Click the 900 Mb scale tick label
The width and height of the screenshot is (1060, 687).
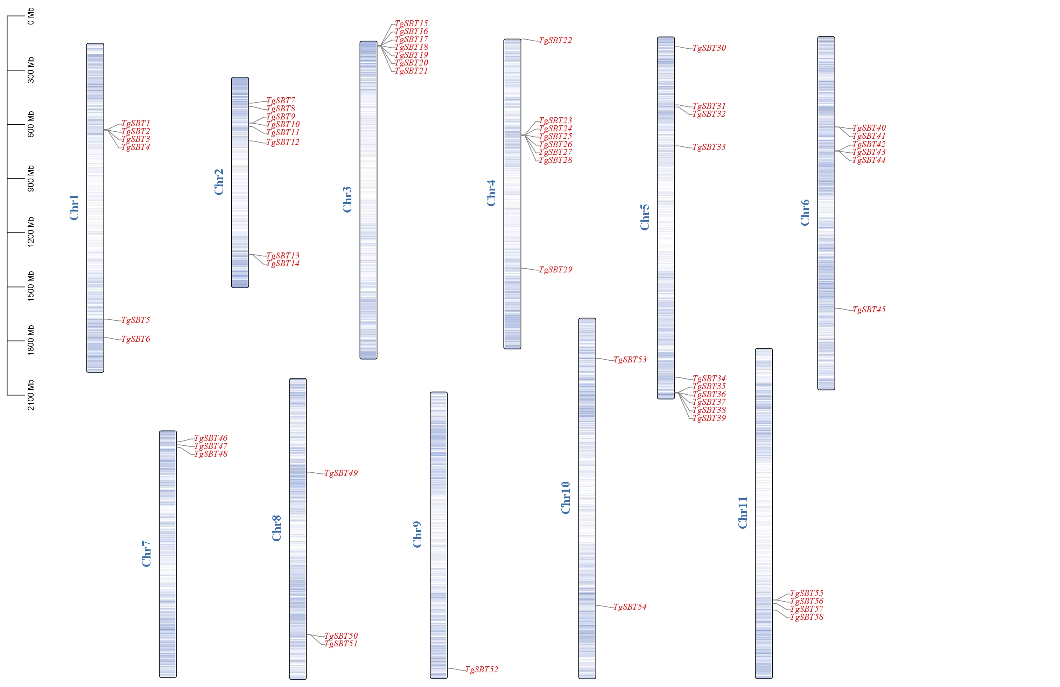pos(31,179)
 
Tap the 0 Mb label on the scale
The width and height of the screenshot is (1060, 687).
pos(31,16)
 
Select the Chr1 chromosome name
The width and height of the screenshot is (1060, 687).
pos(74,207)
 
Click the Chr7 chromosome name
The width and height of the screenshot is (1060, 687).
pos(147,554)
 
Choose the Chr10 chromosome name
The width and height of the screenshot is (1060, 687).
pos(566,498)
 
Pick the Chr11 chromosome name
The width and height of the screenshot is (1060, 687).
pos(743,513)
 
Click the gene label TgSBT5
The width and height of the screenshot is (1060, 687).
pos(136,320)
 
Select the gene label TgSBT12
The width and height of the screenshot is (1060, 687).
pos(283,143)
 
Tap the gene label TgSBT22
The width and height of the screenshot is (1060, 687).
pos(555,41)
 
